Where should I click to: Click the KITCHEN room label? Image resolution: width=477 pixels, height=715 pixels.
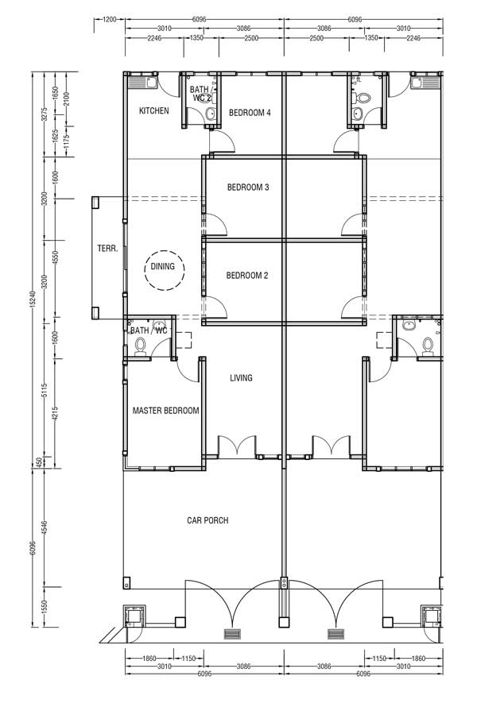[x=153, y=110]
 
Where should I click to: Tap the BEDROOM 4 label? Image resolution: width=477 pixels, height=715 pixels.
[x=250, y=113]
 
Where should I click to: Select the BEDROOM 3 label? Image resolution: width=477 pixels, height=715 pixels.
[x=248, y=187]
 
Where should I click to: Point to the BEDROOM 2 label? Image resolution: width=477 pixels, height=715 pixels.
[x=247, y=276]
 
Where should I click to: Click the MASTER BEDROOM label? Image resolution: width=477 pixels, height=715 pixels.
[x=165, y=411]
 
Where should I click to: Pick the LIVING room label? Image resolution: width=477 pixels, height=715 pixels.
[x=241, y=377]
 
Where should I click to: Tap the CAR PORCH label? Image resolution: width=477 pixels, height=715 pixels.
[x=207, y=520]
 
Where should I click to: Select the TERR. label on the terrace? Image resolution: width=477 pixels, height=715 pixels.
[x=107, y=249]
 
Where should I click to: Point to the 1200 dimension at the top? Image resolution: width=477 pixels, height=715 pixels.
[x=110, y=20]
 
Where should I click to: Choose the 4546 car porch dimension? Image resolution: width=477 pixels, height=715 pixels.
[x=45, y=529]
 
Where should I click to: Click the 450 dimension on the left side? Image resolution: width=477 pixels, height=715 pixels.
[x=39, y=463]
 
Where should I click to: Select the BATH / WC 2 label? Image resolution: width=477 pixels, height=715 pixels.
[x=201, y=94]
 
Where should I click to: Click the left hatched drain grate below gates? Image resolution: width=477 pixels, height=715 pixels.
[x=232, y=634]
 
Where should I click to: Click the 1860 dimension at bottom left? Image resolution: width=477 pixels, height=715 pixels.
[x=149, y=659]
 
